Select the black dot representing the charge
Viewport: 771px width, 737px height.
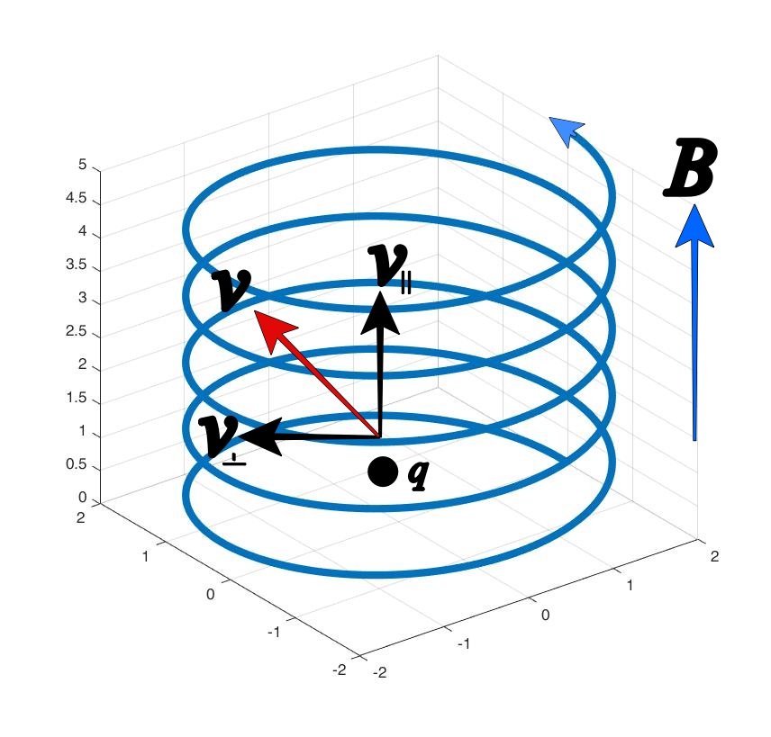(383, 472)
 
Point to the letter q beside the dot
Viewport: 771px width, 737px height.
(417, 473)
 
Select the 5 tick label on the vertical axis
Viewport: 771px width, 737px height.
(83, 166)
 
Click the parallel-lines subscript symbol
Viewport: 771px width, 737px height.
(406, 284)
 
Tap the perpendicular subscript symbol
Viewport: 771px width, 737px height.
(234, 457)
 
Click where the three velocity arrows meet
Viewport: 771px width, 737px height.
(379, 437)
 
